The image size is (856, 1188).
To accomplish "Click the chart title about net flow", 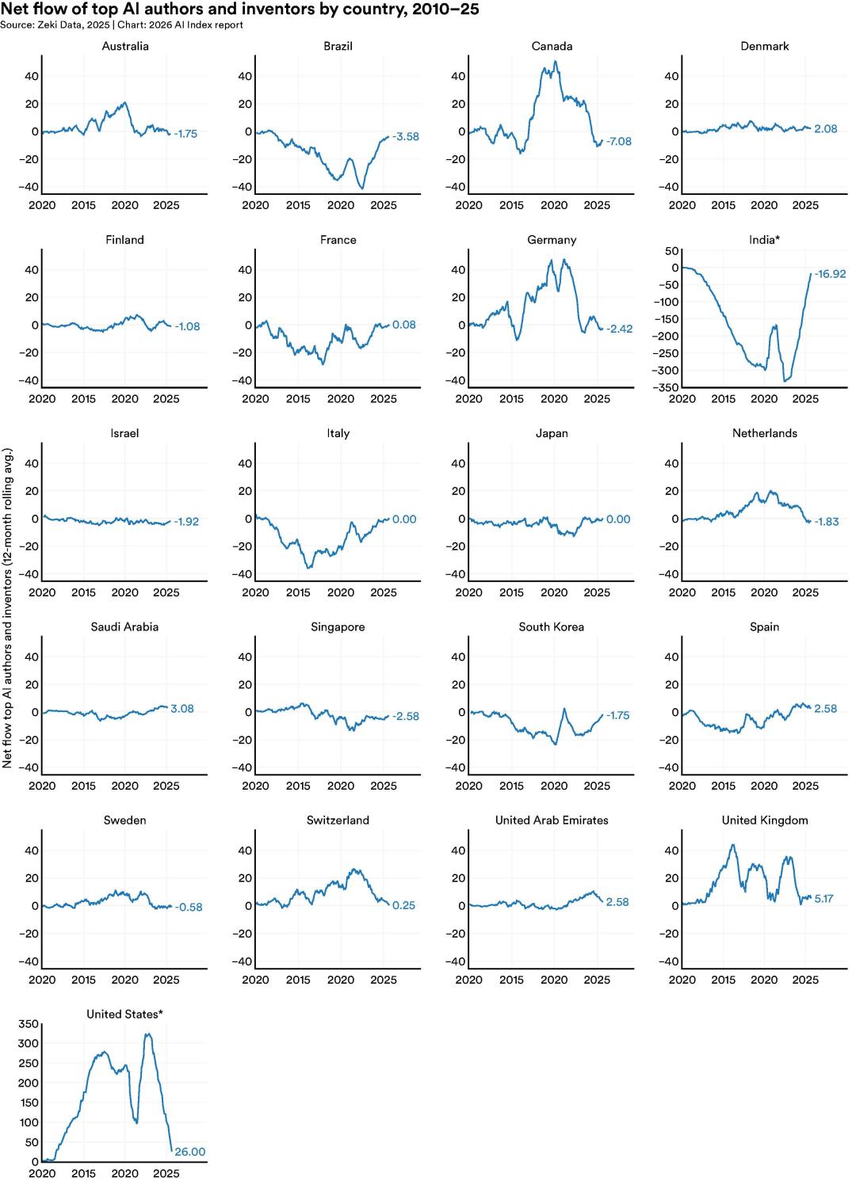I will pos(239,10).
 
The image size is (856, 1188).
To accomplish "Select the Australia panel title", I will pos(125,46).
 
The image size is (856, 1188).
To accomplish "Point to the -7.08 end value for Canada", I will pos(618,142).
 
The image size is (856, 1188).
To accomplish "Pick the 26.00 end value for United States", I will pos(190,1152).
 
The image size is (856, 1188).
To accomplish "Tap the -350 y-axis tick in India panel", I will pos(666,387).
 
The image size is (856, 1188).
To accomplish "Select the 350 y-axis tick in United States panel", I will pos(29,1024).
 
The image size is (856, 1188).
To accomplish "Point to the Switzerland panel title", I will pos(338,821).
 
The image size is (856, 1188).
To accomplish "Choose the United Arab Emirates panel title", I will pos(552,821).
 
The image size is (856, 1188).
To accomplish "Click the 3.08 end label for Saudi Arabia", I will pos(182,709).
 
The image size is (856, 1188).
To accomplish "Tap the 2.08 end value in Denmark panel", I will pos(825,129).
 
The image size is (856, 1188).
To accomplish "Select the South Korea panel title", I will pos(552,626).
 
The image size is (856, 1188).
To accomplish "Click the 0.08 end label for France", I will pos(403,325).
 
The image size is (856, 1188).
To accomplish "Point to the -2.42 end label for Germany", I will pos(619,329).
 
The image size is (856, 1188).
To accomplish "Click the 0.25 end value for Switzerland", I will pos(403,905).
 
